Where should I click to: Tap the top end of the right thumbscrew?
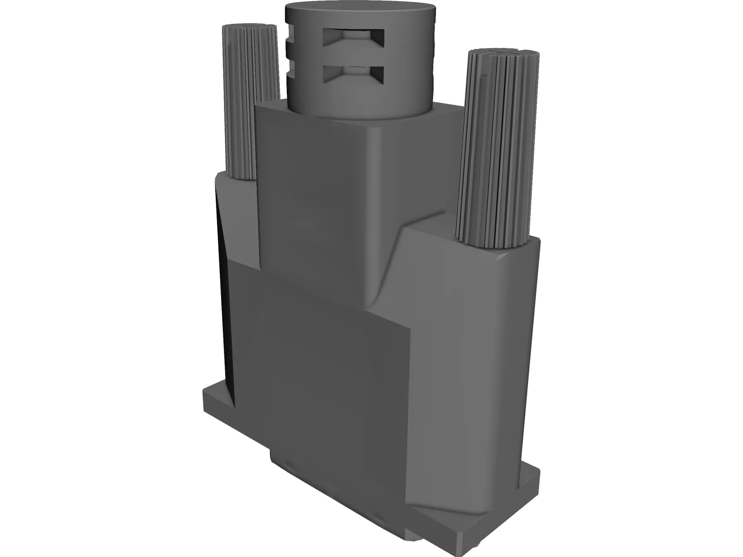(504, 52)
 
